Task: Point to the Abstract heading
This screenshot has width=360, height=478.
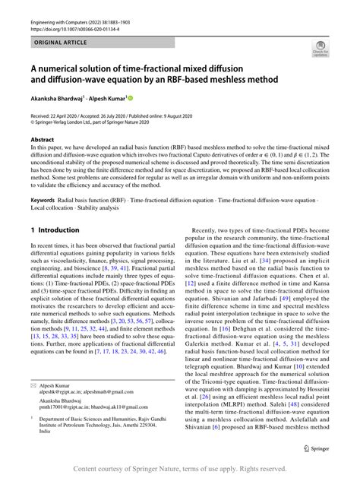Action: [x=42, y=141]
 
